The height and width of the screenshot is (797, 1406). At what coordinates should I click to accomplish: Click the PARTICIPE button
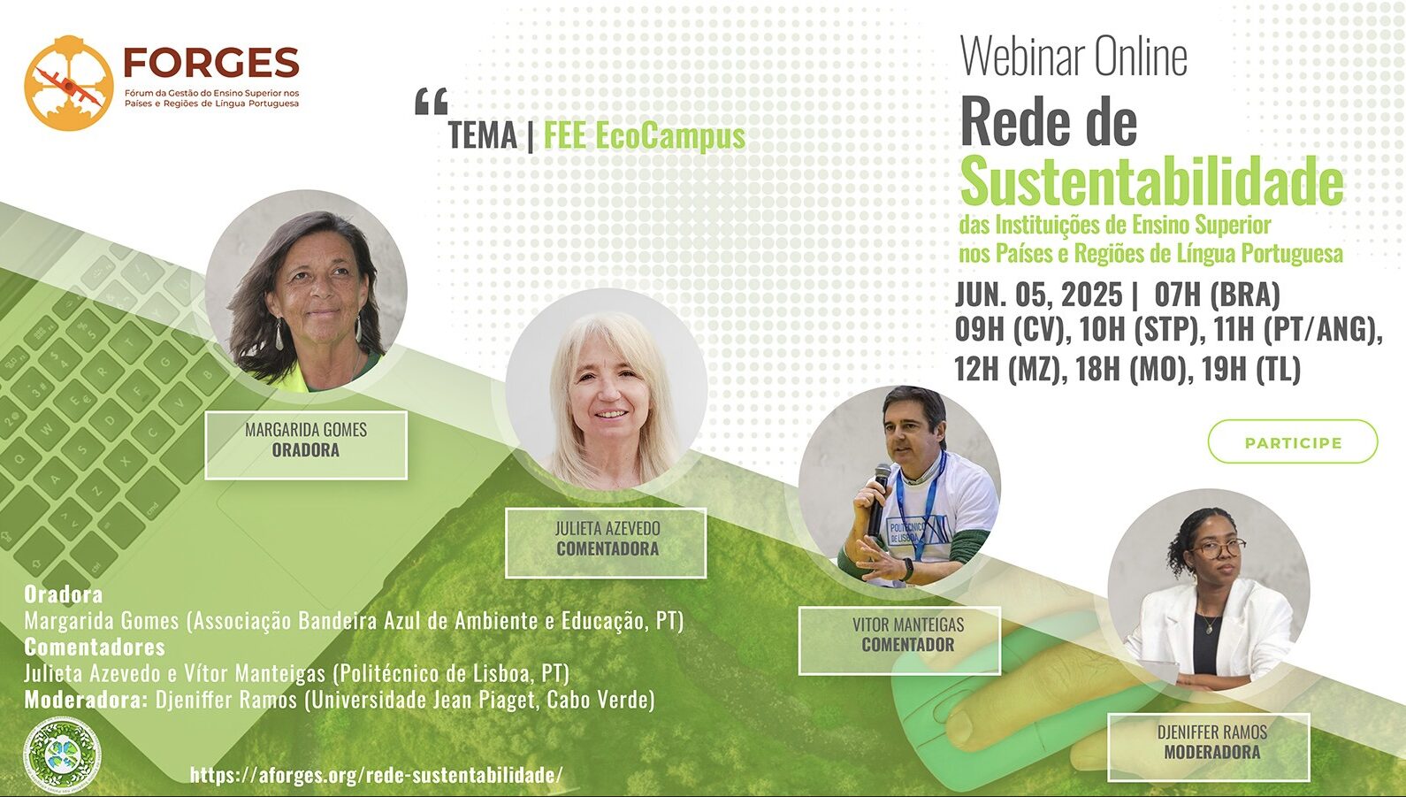tap(1293, 441)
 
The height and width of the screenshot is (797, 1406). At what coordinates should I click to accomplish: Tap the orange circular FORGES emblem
tap(68, 83)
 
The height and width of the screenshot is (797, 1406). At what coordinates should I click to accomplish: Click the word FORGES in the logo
tap(211, 62)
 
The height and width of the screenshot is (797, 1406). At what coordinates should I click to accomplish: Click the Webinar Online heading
tap(1074, 57)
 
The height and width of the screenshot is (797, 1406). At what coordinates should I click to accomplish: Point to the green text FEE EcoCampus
tap(645, 135)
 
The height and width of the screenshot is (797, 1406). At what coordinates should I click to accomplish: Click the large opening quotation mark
tap(432, 102)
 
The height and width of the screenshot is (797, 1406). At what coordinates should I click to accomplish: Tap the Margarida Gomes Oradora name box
tap(306, 445)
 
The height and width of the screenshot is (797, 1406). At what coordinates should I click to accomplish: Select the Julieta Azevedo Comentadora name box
tap(606, 542)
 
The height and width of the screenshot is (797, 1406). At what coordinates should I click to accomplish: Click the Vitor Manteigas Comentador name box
tap(899, 640)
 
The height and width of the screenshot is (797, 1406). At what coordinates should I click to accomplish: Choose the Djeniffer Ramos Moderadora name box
tap(1208, 747)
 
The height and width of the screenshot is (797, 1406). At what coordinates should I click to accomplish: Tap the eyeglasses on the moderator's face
tap(1218, 548)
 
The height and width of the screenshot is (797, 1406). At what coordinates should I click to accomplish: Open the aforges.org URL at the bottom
tap(376, 774)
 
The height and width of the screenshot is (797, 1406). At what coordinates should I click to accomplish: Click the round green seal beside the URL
tap(62, 754)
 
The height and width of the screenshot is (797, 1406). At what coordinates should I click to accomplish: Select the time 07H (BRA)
tap(1218, 295)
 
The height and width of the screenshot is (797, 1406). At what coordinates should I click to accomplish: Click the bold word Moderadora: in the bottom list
tap(86, 699)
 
